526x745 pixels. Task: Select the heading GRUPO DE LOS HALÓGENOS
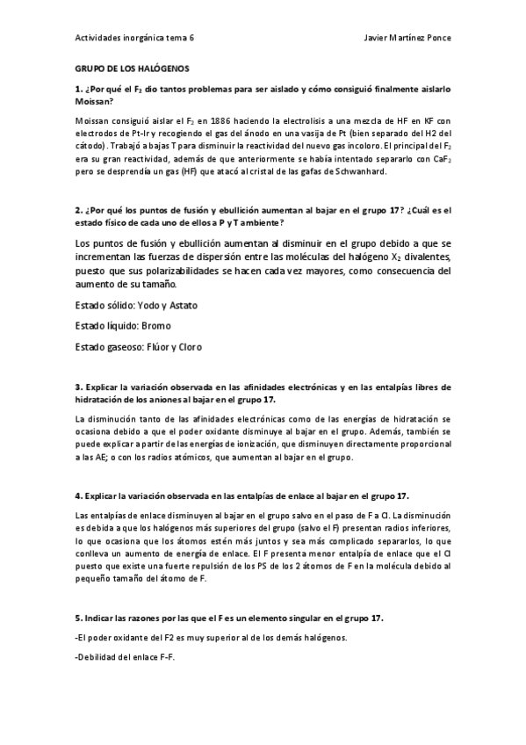(131, 68)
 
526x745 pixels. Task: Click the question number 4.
(79, 495)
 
